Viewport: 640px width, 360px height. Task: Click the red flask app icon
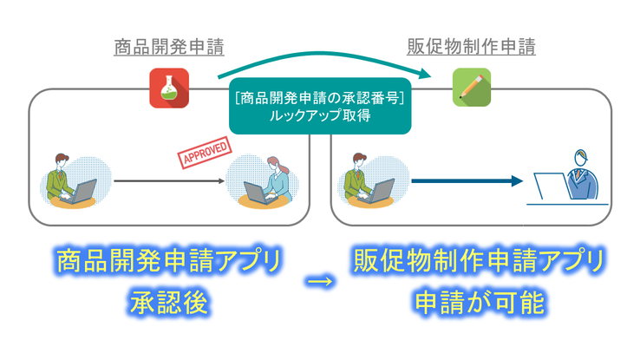coord(169,88)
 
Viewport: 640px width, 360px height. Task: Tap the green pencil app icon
coord(472,88)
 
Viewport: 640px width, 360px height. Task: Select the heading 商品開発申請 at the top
coord(169,47)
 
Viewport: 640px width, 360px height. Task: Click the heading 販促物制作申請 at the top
coord(472,47)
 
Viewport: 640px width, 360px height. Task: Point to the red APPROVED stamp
coord(205,153)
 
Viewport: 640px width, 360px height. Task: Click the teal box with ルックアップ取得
coord(320,106)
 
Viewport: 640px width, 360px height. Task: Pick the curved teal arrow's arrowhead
coord(425,74)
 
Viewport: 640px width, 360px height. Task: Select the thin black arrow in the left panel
coord(169,180)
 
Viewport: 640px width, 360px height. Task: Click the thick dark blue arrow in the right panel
coord(467,180)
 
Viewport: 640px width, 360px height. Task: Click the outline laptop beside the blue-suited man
coord(552,187)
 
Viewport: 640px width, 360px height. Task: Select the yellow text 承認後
coord(169,303)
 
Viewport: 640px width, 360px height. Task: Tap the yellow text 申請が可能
coord(480,303)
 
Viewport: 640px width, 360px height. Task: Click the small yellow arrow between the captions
coord(320,281)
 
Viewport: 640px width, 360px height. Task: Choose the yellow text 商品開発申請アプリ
coord(169,260)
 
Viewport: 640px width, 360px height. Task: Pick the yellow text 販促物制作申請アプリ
coord(480,260)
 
